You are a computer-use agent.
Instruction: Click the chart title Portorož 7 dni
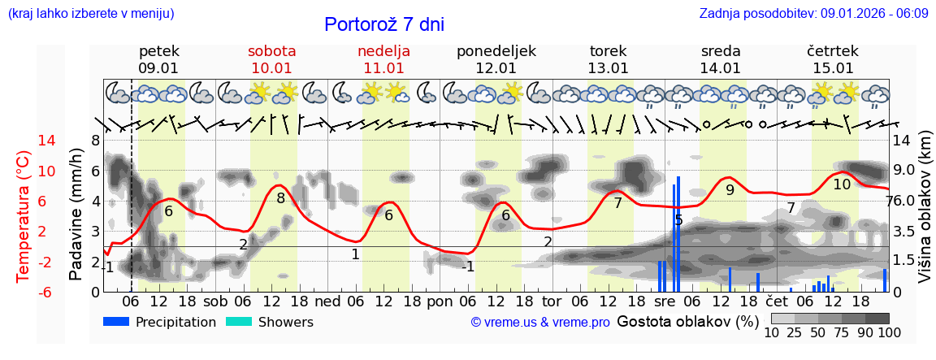[383, 24]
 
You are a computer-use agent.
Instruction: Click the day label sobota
[271, 51]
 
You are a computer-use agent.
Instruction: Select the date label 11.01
[383, 68]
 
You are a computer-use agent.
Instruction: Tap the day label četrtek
[832, 51]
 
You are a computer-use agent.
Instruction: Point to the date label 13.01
[608, 68]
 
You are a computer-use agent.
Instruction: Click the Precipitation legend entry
[159, 322]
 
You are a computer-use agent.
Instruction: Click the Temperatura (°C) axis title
[24, 215]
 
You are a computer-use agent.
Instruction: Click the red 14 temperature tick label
[24, 141]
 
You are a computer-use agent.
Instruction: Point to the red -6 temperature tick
[24, 292]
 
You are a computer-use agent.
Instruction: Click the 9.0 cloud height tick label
[904, 171]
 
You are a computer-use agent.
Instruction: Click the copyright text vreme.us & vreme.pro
[539, 323]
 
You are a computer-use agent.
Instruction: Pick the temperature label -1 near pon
[467, 267]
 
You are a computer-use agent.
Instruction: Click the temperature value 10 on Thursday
[842, 184]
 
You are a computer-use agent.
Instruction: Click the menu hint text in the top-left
[91, 14]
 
